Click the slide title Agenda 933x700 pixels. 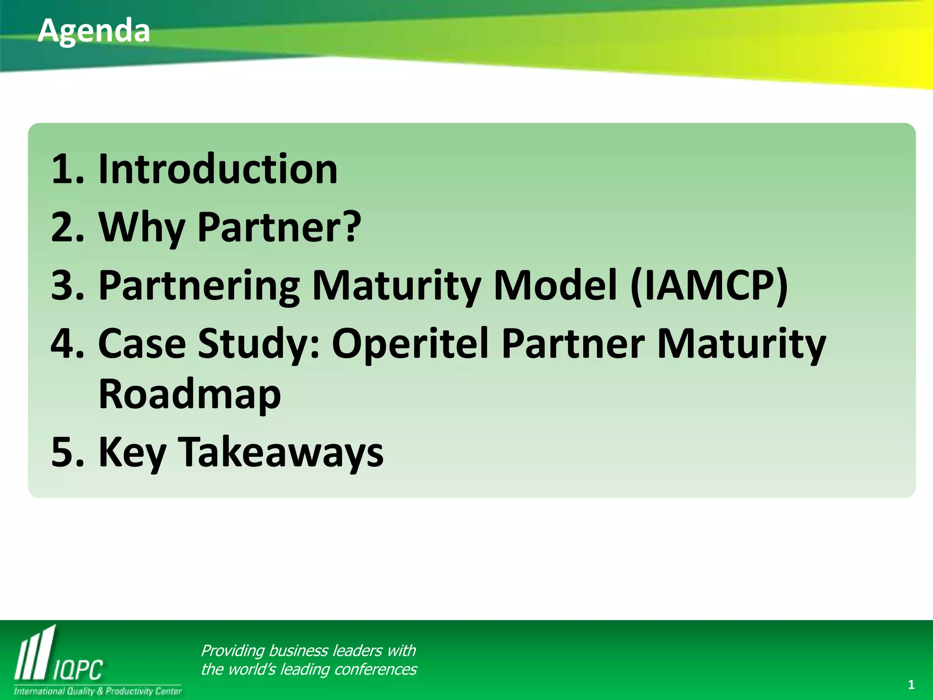[x=94, y=31]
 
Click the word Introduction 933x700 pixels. [x=218, y=169]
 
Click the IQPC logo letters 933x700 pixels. [x=78, y=670]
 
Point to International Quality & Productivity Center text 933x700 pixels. [x=97, y=691]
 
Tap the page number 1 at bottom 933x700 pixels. [x=911, y=685]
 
